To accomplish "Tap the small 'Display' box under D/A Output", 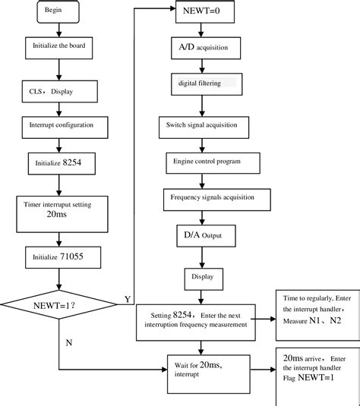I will [x=203, y=277].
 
